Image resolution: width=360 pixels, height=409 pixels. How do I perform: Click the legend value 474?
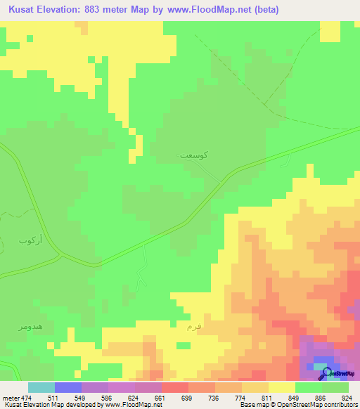27,398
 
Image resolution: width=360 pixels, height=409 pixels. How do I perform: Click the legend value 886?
321,398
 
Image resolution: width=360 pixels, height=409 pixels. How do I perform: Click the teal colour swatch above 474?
41,387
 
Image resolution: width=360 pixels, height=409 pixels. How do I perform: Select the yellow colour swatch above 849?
281,387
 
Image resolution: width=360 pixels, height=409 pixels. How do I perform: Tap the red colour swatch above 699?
174,387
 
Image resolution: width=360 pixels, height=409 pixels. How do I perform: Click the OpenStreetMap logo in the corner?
338,372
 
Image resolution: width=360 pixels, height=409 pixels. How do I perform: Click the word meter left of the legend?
10,398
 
